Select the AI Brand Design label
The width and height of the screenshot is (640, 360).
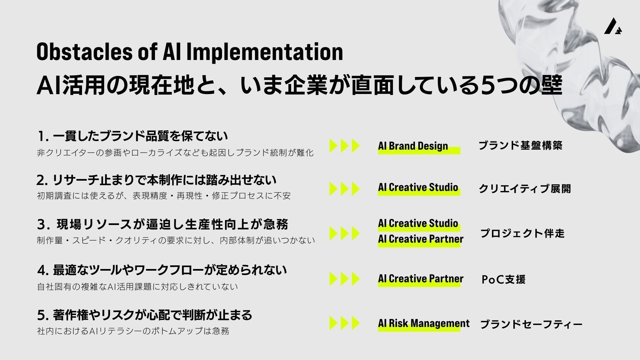(413, 146)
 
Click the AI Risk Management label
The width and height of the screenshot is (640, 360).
(424, 323)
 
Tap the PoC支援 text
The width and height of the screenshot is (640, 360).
(503, 279)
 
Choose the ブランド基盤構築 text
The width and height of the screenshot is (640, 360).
(520, 145)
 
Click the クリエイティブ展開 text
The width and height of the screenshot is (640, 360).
(525, 188)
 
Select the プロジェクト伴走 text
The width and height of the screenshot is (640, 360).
(522, 233)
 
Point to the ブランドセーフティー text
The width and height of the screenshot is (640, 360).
(531, 324)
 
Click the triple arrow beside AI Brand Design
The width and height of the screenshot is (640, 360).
(345, 146)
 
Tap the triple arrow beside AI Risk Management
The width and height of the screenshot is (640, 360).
(345, 323)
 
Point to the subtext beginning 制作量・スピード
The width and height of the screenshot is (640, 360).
(176, 240)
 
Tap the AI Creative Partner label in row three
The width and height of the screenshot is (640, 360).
(421, 239)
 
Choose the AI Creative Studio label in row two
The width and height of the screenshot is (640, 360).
(418, 187)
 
